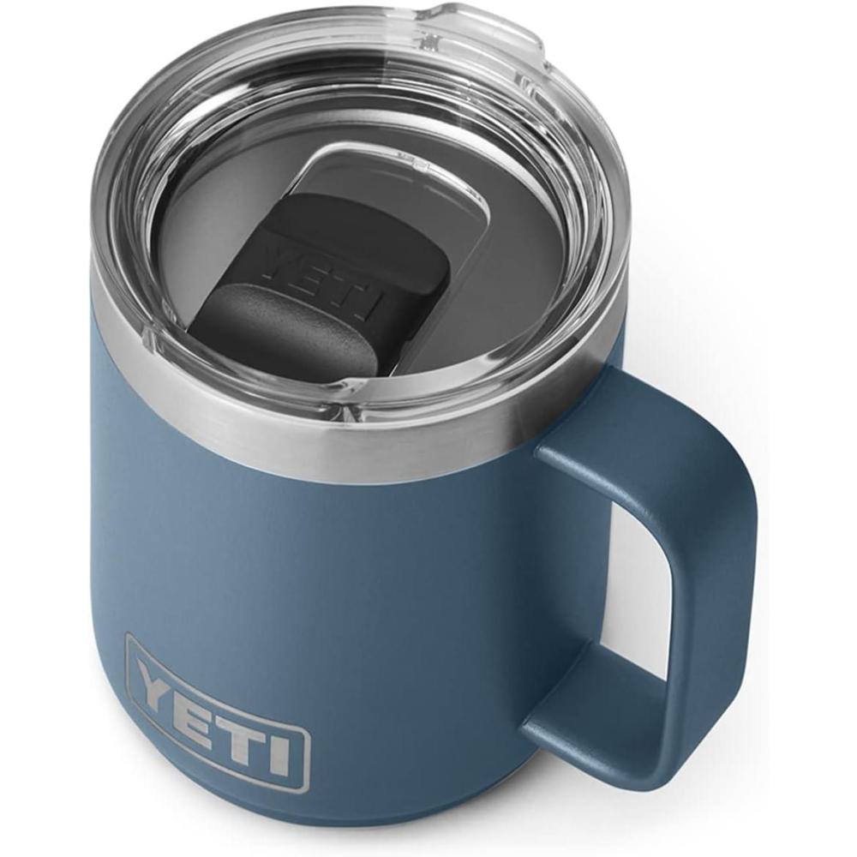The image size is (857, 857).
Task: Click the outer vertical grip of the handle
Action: click(x=720, y=583)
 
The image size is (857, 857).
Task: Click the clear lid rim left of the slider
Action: click(x=120, y=214)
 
